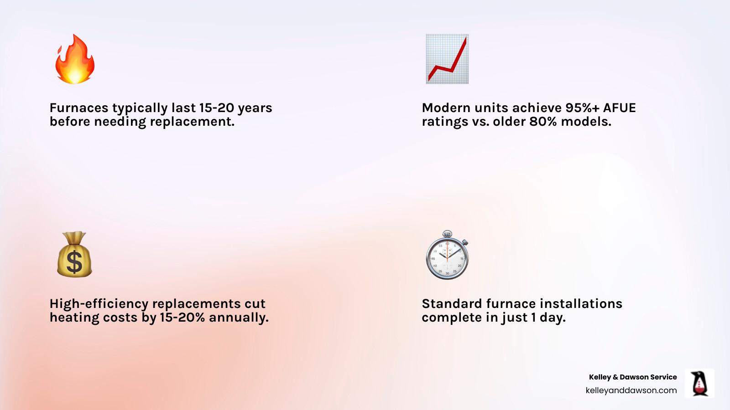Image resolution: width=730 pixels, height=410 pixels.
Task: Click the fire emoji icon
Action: point(75,59)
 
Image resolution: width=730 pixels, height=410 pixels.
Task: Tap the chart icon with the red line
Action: point(447,59)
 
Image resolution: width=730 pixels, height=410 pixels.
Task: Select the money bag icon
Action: point(74,255)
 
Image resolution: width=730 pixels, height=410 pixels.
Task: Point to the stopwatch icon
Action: point(447,256)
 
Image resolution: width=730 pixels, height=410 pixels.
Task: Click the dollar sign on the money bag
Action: point(74,262)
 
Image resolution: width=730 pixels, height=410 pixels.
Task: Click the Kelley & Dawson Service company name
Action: point(632,377)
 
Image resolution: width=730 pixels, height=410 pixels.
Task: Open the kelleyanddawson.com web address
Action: point(631,390)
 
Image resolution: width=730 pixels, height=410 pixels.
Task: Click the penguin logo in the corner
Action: point(699,384)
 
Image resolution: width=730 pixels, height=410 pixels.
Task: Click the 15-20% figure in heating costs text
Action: point(182,318)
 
